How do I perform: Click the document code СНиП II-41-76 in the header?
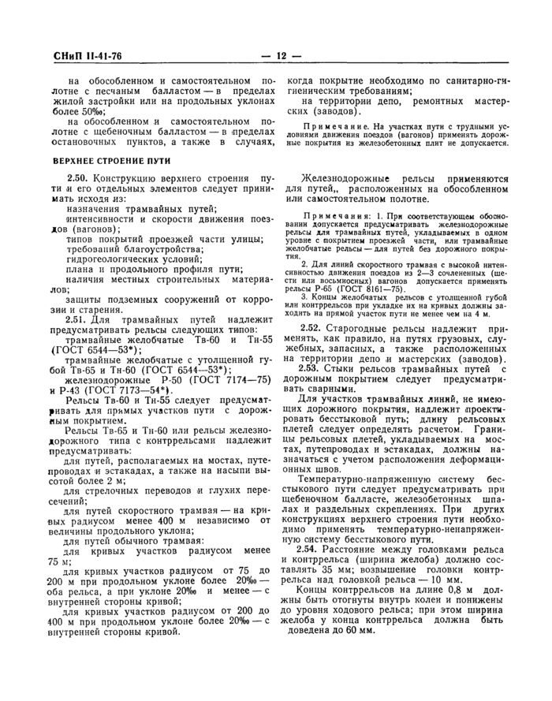[80, 56]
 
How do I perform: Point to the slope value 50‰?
[86, 111]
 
